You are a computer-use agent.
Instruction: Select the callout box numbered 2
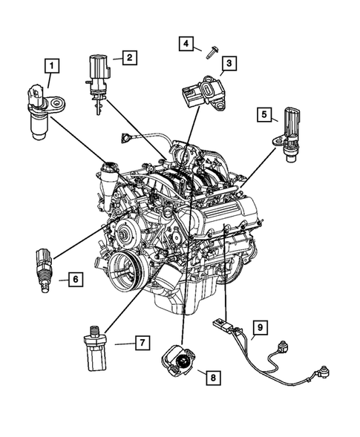128,56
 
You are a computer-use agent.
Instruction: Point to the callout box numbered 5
264,114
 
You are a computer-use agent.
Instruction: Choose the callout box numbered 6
75,279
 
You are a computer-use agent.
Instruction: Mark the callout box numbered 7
138,342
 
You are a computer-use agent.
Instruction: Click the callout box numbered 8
213,378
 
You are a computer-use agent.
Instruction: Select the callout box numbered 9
260,326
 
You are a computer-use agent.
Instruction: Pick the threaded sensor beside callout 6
42,266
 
